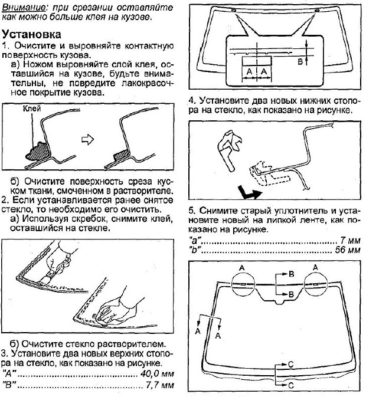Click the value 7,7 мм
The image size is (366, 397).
159,386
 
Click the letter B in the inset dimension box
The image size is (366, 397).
299,61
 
